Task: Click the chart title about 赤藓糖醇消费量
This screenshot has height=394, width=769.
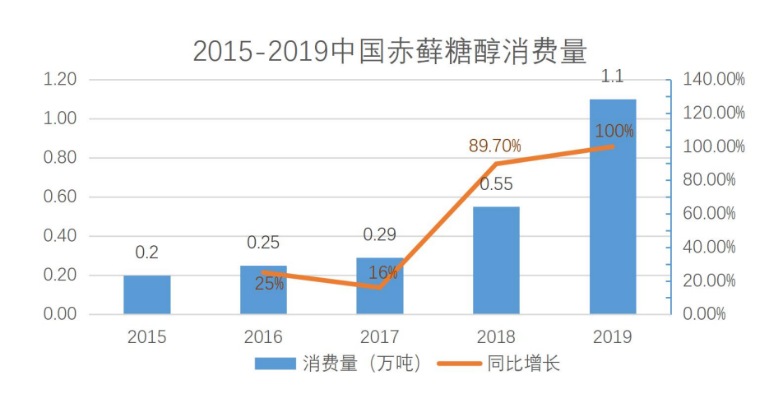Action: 390,51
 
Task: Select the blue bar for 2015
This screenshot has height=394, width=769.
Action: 147,294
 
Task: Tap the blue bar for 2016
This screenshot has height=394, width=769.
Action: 263,290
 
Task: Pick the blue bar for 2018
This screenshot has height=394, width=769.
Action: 496,260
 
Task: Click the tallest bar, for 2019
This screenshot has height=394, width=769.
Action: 613,206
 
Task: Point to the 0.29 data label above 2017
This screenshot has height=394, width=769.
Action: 380,235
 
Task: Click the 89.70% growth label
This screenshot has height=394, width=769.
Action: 495,146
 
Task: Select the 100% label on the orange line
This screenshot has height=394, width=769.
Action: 614,131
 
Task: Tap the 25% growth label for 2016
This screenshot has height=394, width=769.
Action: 269,285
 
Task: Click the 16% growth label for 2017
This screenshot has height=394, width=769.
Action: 383,273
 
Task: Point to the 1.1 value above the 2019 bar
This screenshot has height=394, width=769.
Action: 613,77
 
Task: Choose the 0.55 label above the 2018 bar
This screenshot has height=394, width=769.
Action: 496,184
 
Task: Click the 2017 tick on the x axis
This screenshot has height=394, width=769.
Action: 380,336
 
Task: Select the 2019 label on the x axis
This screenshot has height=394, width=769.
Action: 613,336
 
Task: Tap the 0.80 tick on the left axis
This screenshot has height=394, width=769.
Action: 60,158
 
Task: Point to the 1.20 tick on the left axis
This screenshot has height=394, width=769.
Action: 60,80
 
